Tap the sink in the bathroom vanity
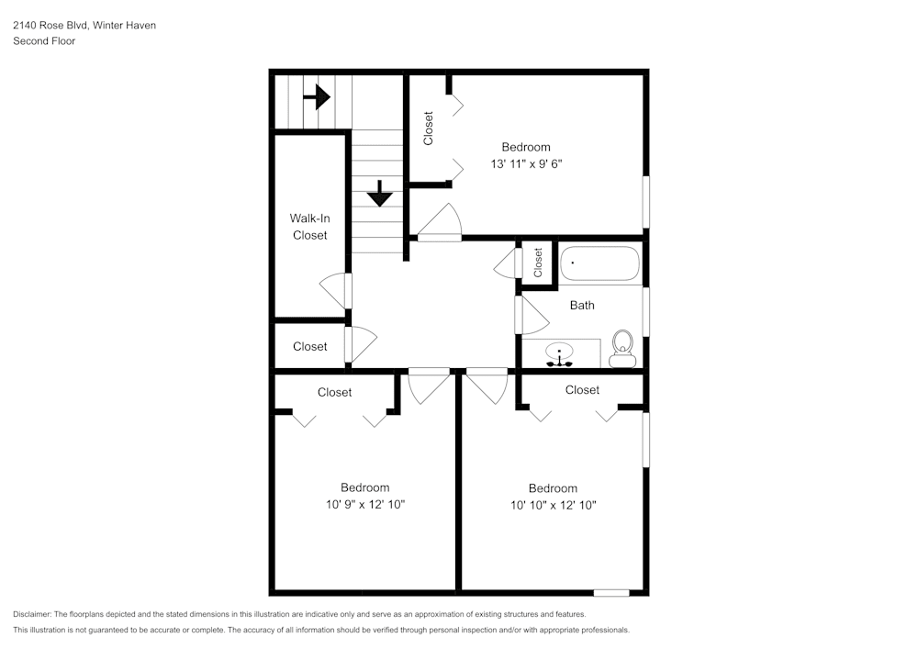point(559,354)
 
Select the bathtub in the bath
point(599,263)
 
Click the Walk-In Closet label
point(309,227)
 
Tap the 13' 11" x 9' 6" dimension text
point(525,164)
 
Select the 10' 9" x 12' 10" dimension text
point(364,504)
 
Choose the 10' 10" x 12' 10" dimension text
point(553,504)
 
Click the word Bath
point(582,305)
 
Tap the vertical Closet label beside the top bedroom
point(429,129)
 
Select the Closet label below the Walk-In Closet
point(309,346)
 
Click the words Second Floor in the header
point(44,41)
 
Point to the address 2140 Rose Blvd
point(50,26)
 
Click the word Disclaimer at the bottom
point(32,614)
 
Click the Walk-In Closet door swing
point(334,290)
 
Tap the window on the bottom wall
point(611,592)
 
